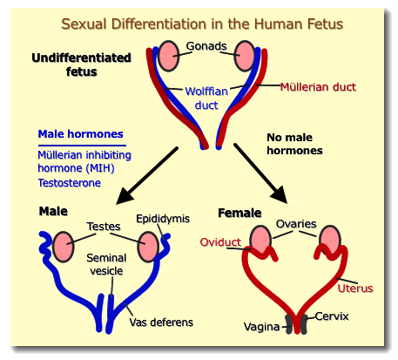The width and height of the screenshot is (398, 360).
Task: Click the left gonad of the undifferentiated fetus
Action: [x=169, y=55]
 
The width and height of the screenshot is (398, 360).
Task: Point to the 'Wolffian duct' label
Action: [x=206, y=97]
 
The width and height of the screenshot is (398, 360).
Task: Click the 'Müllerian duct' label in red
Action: [x=319, y=86]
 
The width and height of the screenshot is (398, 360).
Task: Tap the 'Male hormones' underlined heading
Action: [x=81, y=135]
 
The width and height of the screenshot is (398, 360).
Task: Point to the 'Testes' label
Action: [x=104, y=226]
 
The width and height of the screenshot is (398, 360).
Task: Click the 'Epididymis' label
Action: [x=162, y=218]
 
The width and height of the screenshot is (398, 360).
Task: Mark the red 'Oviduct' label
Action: [x=220, y=241]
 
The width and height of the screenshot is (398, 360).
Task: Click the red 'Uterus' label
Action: [x=356, y=288]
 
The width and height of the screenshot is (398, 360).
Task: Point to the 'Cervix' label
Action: [x=332, y=316]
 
